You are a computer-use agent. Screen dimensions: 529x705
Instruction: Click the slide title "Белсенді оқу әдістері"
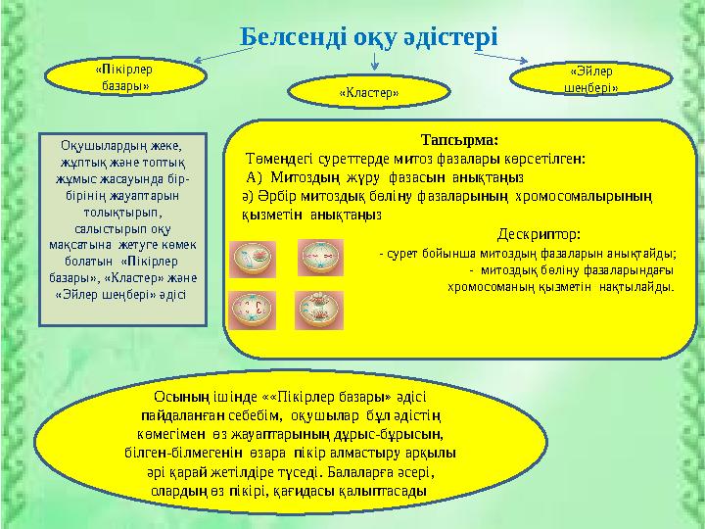pyautogui.click(x=369, y=37)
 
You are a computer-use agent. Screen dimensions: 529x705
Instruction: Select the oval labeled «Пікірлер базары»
pyautogui.click(x=123, y=77)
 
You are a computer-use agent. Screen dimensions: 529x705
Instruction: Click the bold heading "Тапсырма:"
pyautogui.click(x=458, y=139)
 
